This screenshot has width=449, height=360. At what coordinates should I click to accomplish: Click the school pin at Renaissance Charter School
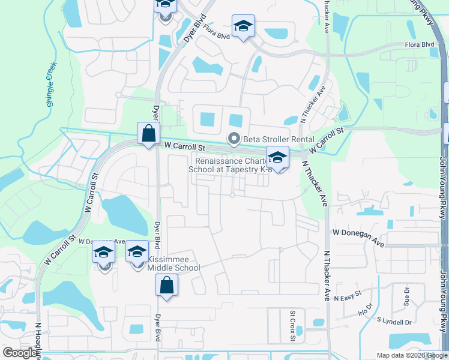click(x=277, y=158)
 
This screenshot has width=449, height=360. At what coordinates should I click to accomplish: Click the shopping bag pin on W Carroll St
click(x=148, y=133)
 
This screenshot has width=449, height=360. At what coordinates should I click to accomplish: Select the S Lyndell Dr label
click(x=393, y=322)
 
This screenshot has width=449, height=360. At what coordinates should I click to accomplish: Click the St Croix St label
click(x=293, y=326)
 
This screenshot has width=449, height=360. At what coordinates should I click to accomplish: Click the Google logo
click(x=20, y=353)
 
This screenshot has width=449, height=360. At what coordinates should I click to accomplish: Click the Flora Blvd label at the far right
click(x=420, y=45)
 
